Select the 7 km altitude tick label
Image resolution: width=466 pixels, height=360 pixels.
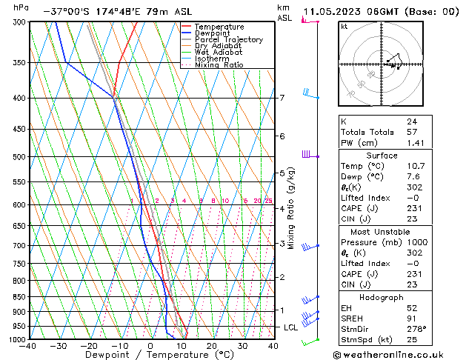(282, 98)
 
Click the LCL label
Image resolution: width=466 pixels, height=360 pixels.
(290, 327)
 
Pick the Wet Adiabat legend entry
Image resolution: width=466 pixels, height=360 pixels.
(218, 53)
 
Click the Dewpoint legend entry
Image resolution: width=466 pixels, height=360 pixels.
(213, 33)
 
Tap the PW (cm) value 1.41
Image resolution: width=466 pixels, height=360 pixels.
(415, 143)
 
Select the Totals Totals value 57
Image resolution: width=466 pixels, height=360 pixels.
(412, 132)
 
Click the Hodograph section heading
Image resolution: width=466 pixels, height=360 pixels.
(382, 297)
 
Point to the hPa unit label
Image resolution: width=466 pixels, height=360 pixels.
(21, 7)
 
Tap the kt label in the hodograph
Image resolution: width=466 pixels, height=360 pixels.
(344, 27)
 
